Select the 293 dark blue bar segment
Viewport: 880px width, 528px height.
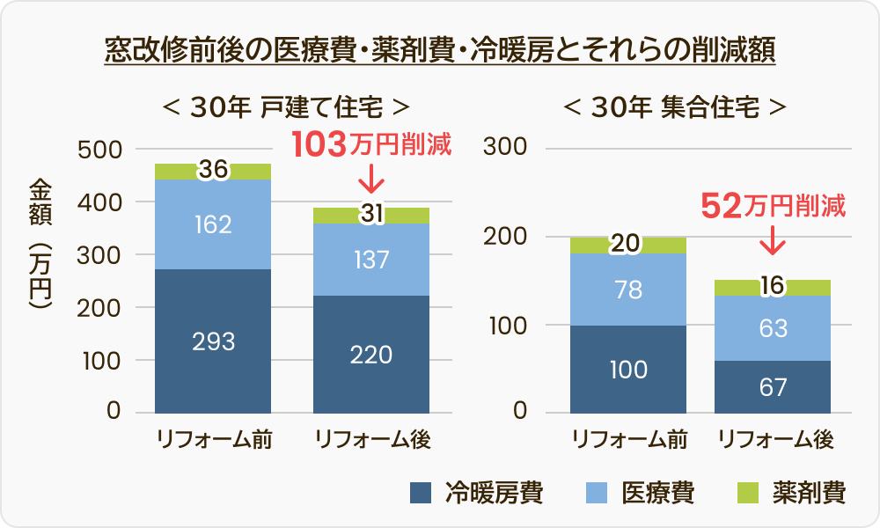tap(213, 341)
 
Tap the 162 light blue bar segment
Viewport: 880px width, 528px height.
tap(213, 224)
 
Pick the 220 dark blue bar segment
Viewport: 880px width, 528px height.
tap(370, 354)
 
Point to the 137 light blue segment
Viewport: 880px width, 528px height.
tap(370, 260)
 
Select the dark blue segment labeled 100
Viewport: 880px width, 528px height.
tap(628, 369)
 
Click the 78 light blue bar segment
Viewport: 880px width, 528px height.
tap(628, 290)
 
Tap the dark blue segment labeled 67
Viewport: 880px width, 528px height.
tap(773, 386)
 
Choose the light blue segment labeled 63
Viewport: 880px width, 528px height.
tap(773, 327)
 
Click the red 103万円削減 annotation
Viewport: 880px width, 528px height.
tap(370, 143)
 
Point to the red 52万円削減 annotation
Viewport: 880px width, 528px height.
tap(773, 207)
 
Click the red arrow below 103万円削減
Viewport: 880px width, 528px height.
tap(370, 180)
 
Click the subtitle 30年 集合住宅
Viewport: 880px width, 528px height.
tap(674, 107)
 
